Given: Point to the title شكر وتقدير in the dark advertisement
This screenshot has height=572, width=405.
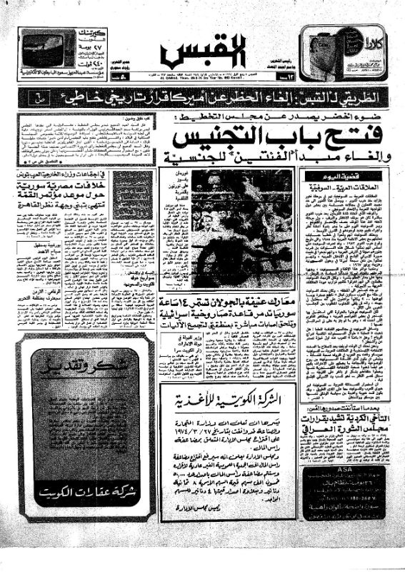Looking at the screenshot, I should [86, 372].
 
